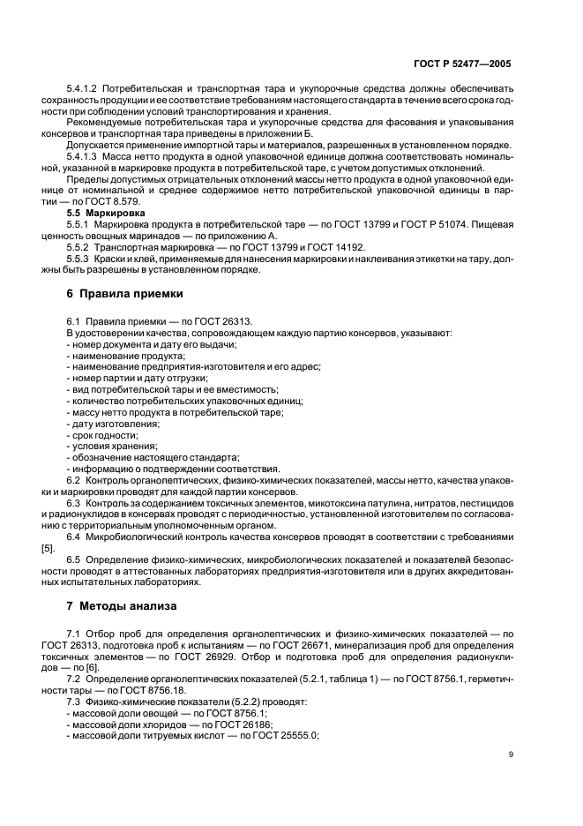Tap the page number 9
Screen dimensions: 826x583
[x=512, y=755]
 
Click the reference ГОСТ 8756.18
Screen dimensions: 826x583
[x=136, y=693]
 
